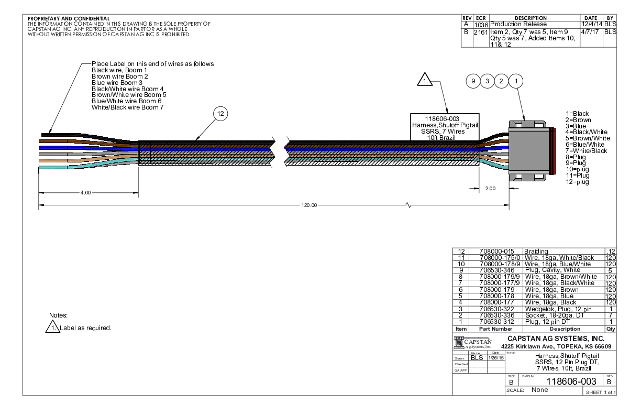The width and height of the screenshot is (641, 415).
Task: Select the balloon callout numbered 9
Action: click(473, 81)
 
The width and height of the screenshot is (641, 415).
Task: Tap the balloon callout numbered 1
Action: click(516, 81)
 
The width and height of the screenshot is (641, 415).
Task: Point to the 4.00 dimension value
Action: click(85, 192)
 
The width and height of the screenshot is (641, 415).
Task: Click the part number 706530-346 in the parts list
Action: click(495, 270)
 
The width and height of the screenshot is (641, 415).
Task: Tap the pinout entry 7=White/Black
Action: click(587, 151)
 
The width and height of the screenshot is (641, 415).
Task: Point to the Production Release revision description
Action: click(517, 24)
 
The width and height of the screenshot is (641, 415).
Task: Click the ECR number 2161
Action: click(481, 32)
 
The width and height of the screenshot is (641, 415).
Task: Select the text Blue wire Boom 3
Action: click(117, 83)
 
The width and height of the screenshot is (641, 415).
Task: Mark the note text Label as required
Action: click(87, 328)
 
